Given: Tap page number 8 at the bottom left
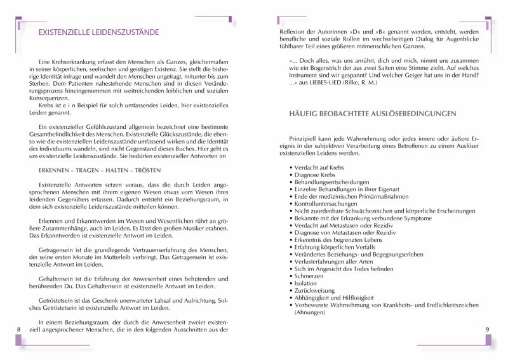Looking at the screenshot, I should (20, 329).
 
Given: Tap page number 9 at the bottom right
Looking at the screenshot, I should (487, 329).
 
